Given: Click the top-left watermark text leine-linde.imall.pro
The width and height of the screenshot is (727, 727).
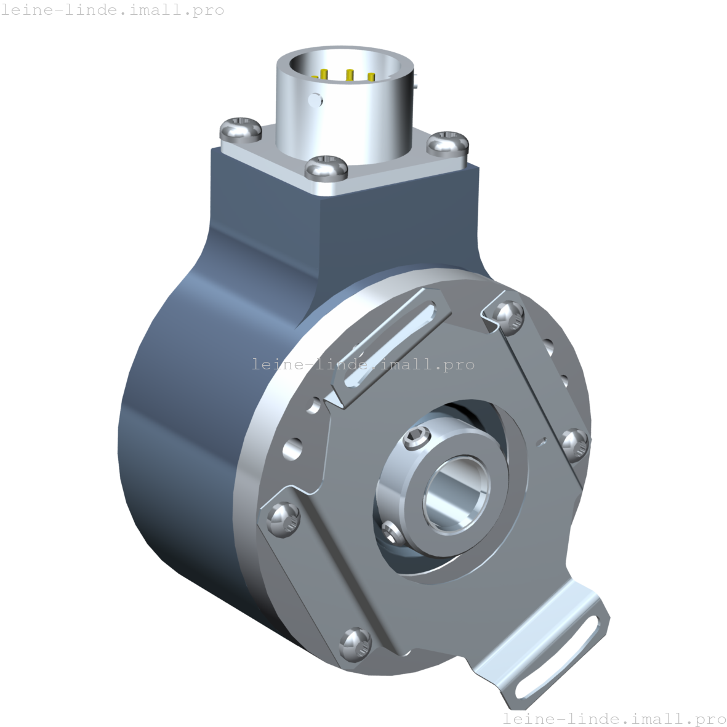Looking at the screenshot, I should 113,10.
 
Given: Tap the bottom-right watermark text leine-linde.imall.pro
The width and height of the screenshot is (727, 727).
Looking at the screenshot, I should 614,718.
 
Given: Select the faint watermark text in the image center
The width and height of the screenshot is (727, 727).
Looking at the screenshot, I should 363,364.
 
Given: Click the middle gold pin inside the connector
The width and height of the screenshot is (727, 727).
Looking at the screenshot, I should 349,76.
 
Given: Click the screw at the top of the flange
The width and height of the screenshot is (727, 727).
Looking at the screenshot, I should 509,315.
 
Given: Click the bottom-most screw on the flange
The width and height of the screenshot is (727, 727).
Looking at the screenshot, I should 355,645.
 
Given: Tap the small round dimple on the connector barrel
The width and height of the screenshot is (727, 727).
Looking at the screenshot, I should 316,98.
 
